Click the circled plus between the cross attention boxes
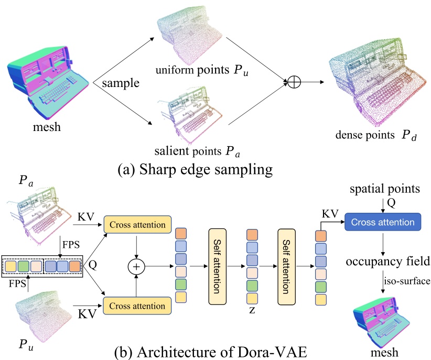[136, 267]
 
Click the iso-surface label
[407, 281]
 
